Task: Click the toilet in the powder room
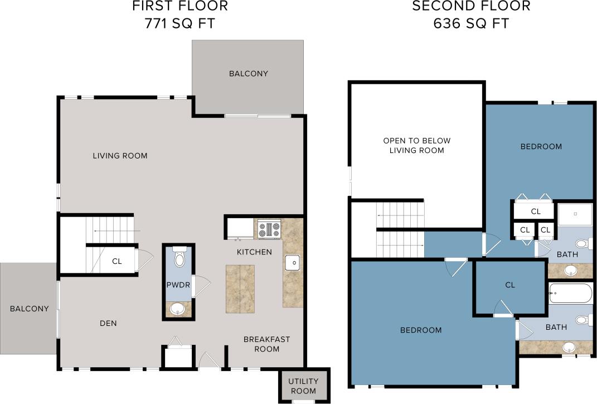point(179,258)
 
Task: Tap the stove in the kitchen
point(269,229)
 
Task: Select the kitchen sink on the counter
point(293,262)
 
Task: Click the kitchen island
point(240,288)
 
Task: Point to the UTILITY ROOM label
point(303,386)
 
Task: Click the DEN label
point(108,323)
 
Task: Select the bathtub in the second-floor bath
point(570,293)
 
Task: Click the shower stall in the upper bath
point(575,213)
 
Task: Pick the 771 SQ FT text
point(179,24)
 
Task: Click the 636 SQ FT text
point(471,24)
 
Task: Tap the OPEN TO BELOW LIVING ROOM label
point(416,146)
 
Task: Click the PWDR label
point(178,285)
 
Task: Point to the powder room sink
point(178,309)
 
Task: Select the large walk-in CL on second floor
point(509,285)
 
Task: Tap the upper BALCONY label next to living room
point(248,73)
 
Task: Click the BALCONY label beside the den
point(29,309)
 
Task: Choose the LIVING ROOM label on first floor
point(120,156)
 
